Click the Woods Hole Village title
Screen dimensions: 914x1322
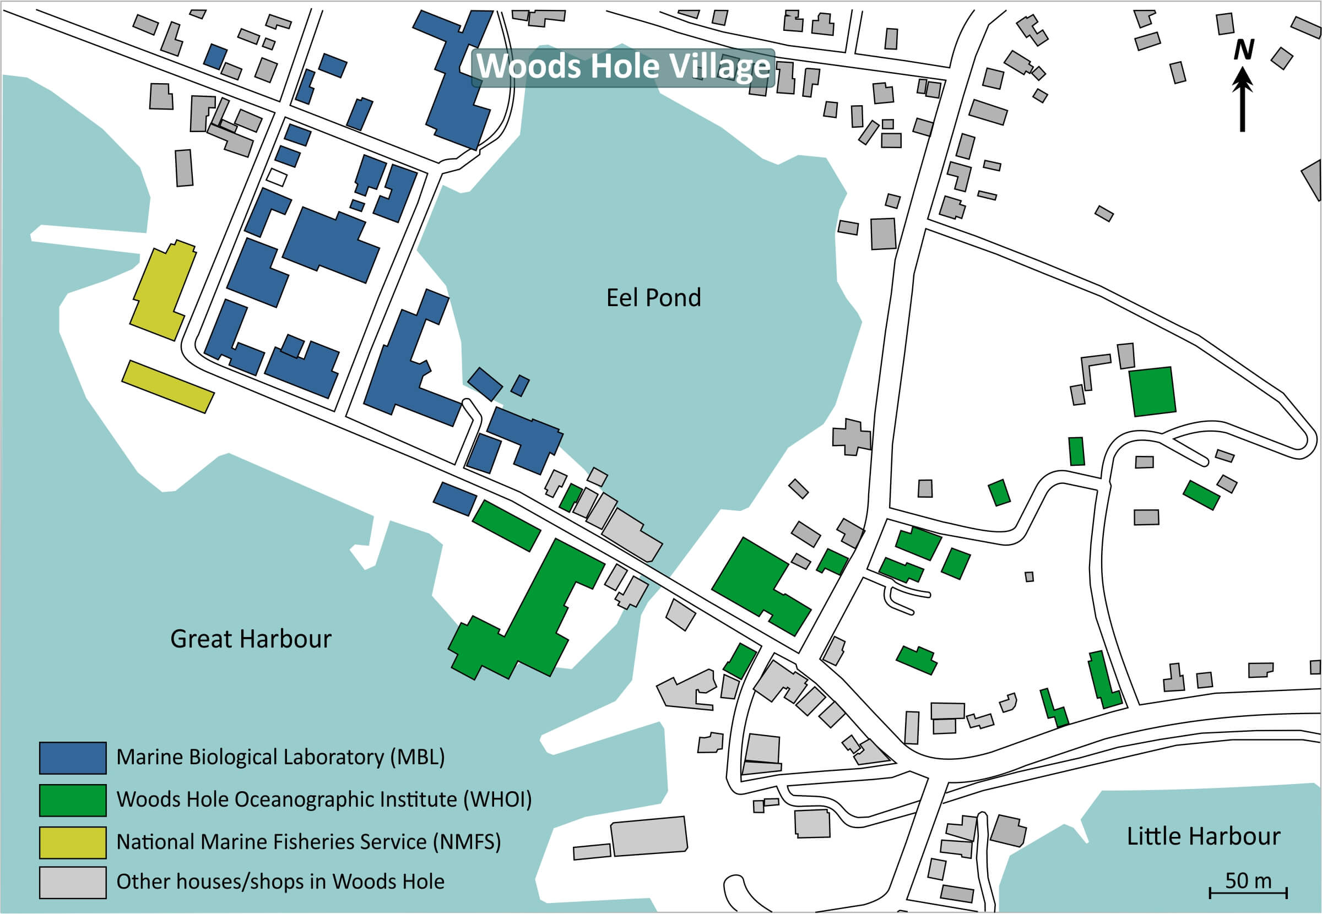pyautogui.click(x=623, y=67)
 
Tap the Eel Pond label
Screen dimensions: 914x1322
pyautogui.click(x=653, y=298)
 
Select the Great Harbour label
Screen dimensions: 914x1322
pyautogui.click(x=250, y=639)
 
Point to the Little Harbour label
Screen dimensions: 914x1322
pyautogui.click(x=1204, y=836)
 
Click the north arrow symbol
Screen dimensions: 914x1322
pyautogui.click(x=1242, y=100)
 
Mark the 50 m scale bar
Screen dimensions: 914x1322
pyautogui.click(x=1248, y=892)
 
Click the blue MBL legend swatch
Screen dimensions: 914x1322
pyautogui.click(x=72, y=758)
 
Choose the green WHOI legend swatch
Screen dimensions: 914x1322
pyautogui.click(x=72, y=800)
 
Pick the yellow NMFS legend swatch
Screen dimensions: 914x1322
pyautogui.click(x=72, y=842)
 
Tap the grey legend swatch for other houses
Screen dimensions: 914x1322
pyautogui.click(x=72, y=883)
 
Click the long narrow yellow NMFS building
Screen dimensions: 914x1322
pyautogui.click(x=167, y=387)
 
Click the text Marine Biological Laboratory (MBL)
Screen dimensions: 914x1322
pyautogui.click(x=280, y=757)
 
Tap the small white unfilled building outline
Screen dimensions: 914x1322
pyautogui.click(x=277, y=176)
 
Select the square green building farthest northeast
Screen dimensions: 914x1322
pyautogui.click(x=1152, y=391)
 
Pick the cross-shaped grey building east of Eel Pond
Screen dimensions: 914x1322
pyautogui.click(x=852, y=437)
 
